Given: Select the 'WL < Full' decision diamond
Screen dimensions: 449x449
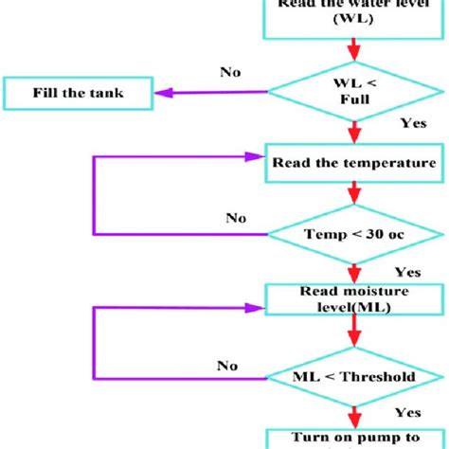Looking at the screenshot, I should click(x=352, y=93).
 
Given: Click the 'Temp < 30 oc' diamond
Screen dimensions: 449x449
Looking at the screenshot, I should click(x=352, y=232).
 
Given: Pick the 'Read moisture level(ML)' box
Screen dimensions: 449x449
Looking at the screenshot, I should click(x=352, y=301).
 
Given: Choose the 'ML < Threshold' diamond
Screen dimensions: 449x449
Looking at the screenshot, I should click(x=352, y=377).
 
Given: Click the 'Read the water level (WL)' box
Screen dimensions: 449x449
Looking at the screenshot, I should click(x=352, y=17).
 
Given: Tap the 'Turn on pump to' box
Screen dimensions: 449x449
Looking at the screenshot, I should click(x=352, y=440).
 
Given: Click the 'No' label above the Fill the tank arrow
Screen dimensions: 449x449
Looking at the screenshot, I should click(x=231, y=71).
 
